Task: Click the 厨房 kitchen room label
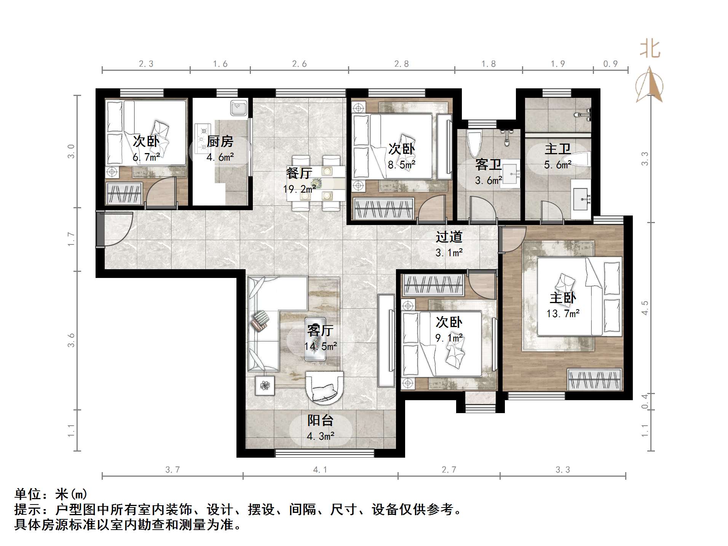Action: click(x=220, y=142)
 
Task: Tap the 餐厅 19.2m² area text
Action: click(x=299, y=189)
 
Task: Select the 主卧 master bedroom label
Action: click(x=563, y=298)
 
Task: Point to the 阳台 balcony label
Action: click(x=321, y=420)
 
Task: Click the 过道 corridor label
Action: click(x=449, y=237)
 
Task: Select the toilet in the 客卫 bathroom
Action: click(x=474, y=143)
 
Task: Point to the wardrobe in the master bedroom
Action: click(x=595, y=379)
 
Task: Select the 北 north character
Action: click(x=650, y=49)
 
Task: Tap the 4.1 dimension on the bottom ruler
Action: click(x=320, y=470)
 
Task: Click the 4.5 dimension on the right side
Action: click(x=644, y=308)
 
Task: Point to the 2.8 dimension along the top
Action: click(x=401, y=64)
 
